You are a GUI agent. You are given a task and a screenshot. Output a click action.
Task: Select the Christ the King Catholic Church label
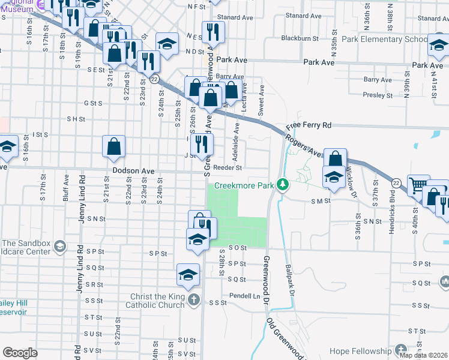[x=158, y=301]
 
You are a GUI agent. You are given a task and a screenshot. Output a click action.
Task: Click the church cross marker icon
[x=193, y=299]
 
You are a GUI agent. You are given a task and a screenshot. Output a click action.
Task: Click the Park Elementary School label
[x=384, y=40]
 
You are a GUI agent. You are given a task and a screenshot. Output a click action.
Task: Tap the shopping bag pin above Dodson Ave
[x=113, y=146]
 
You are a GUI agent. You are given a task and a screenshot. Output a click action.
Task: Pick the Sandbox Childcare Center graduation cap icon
[x=59, y=246]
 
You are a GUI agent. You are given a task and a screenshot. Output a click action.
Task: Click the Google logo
[x=20, y=353]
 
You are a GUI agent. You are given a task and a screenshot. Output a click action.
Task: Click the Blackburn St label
[x=300, y=38]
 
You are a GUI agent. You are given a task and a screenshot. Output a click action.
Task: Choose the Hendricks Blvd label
[x=391, y=204]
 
